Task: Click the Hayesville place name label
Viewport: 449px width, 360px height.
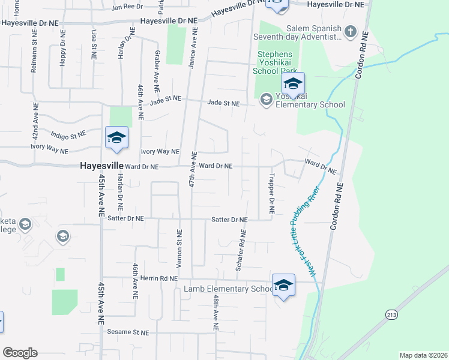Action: [x=101, y=166]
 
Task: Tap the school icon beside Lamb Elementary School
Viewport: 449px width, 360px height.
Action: [x=283, y=286]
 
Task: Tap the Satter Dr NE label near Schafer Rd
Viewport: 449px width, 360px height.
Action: [x=230, y=220]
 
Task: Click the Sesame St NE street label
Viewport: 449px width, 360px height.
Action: [x=127, y=332]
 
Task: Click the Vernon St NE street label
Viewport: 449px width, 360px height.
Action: [x=179, y=248]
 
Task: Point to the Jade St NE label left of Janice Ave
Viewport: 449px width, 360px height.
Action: [x=166, y=100]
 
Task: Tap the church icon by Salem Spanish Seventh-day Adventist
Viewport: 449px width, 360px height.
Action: [x=351, y=31]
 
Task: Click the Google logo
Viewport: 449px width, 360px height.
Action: [x=20, y=353]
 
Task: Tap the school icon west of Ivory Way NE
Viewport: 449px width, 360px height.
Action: [x=116, y=137]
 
